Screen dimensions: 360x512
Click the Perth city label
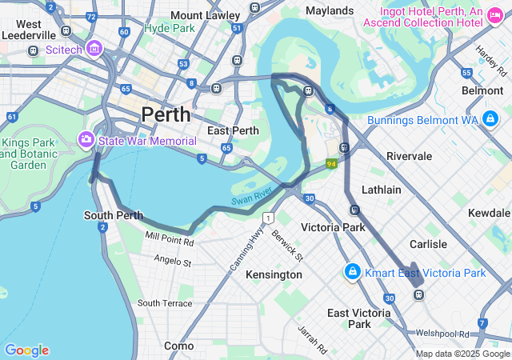[x=166, y=114]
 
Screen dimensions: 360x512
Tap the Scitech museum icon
[x=94, y=49]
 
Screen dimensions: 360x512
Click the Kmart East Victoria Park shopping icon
[x=351, y=273]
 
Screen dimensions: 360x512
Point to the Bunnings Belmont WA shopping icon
[x=490, y=121]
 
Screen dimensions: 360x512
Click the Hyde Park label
[x=169, y=27]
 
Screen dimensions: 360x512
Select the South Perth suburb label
[x=114, y=215]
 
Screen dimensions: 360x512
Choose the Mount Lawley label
[x=205, y=15]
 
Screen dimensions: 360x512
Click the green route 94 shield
[x=330, y=163]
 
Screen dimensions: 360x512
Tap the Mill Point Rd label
[x=170, y=239]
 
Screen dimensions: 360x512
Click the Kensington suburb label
[x=274, y=274]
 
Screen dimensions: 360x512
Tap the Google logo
[x=26, y=350]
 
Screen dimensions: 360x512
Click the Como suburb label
[x=178, y=346]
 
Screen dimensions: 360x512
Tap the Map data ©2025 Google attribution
[x=462, y=354]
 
